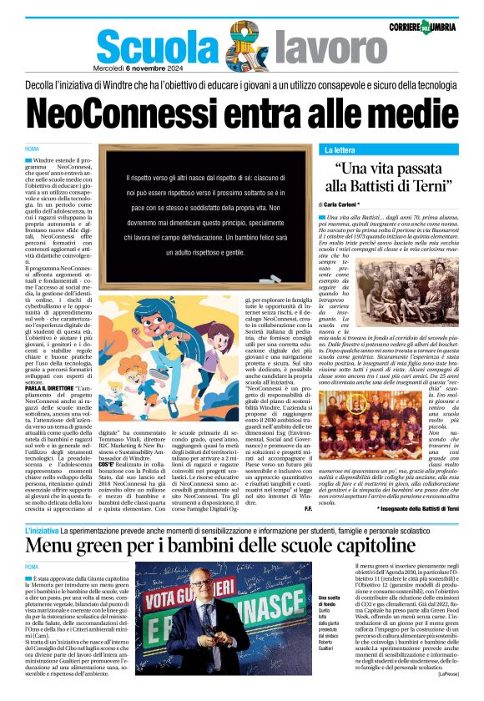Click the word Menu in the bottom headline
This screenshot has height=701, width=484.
click(58, 546)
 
